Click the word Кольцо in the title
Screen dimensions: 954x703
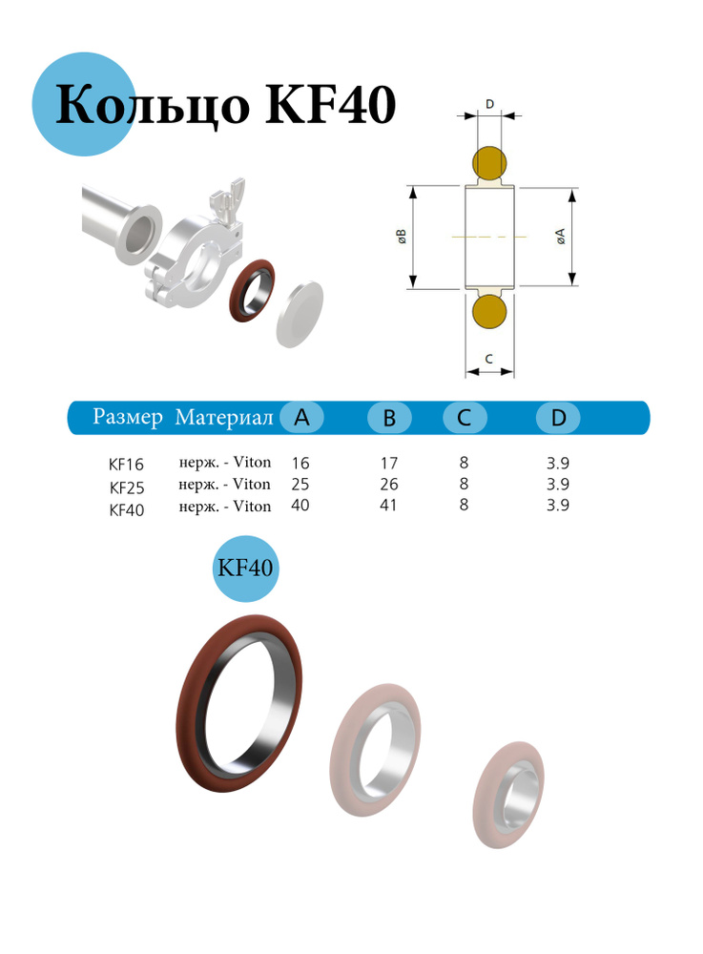pos(153,105)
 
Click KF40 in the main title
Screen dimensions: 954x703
pos(329,105)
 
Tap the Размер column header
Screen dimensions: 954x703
pos(128,417)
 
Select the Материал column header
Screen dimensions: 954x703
pos(224,418)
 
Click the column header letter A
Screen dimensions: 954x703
pos(302,417)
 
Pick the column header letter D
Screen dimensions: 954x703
pos(558,418)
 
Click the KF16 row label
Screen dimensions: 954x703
pos(126,465)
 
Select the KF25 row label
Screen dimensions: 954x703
pos(126,487)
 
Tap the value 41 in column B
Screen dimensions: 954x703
pos(389,506)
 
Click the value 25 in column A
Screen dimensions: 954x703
pos(300,484)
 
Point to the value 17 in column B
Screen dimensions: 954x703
pos(389,463)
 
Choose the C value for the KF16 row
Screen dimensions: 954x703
pos(464,463)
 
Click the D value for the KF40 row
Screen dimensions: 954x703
pos(558,506)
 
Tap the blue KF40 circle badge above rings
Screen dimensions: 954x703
pos(246,568)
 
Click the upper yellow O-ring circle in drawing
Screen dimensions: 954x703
pos(490,164)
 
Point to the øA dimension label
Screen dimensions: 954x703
pos(562,238)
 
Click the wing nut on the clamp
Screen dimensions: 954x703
pos(220,200)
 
